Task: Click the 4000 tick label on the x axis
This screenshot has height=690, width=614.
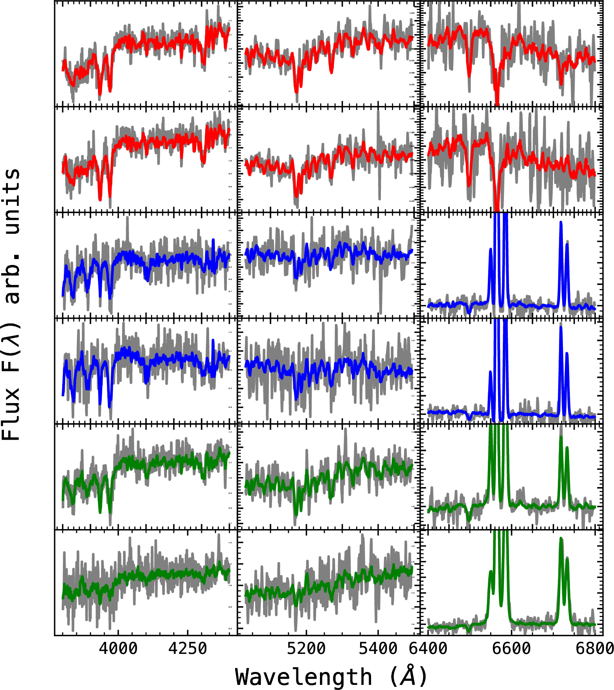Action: click(118, 648)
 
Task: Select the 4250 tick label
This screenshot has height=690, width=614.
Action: click(188, 648)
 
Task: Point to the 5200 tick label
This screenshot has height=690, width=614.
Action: click(306, 648)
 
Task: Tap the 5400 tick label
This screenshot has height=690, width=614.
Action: click(378, 648)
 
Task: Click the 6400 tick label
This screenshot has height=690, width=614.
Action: click(428, 648)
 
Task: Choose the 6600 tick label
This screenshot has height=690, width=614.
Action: click(511, 648)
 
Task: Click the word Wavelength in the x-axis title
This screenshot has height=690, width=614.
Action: click(303, 677)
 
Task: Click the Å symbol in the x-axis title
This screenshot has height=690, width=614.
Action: click(409, 676)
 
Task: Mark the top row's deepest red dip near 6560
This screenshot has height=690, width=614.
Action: click(497, 103)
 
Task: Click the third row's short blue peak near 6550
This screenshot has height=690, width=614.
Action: click(491, 250)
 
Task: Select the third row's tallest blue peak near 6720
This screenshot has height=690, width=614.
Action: click(561, 223)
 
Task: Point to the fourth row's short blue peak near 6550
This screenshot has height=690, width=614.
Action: click(491, 372)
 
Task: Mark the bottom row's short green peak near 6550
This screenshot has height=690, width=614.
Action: click(491, 572)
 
